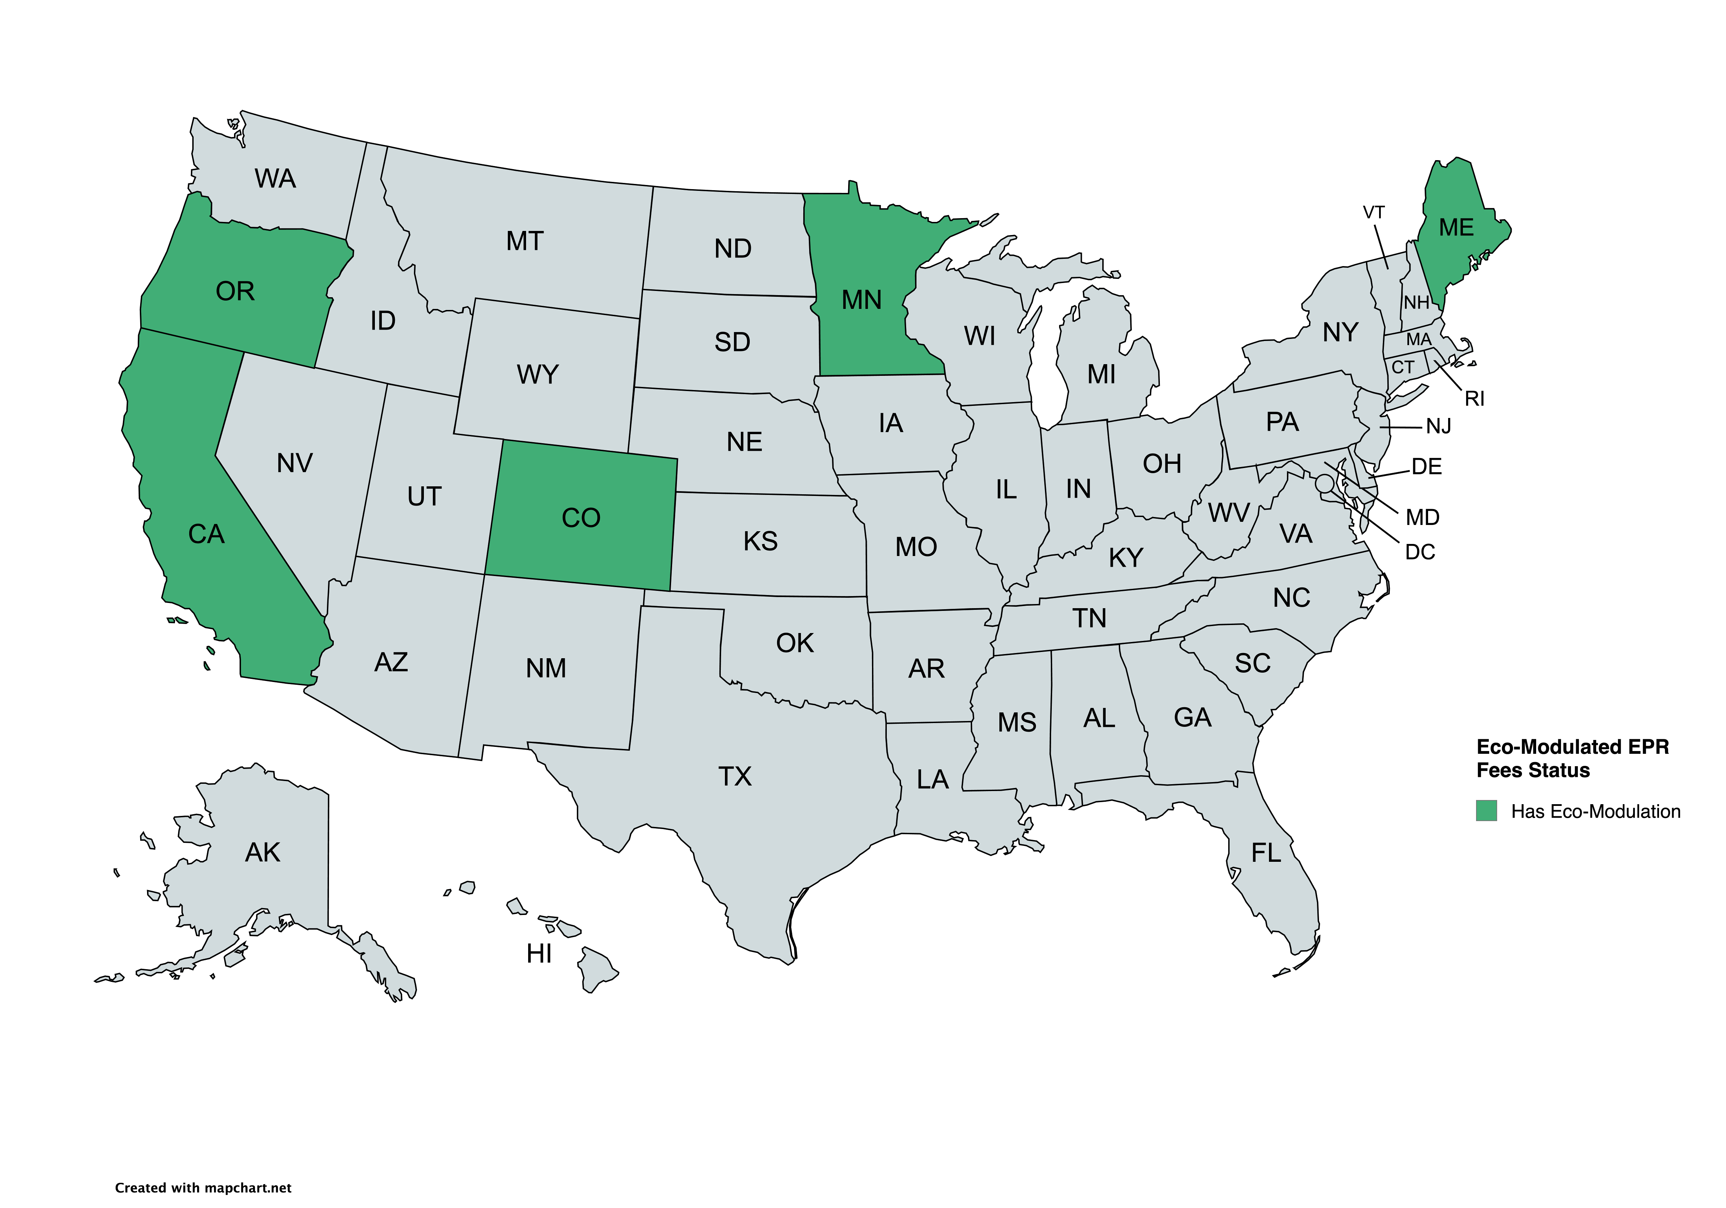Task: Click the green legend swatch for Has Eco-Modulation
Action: (x=1486, y=811)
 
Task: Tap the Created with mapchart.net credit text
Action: (x=203, y=1188)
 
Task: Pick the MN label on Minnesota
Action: (x=862, y=300)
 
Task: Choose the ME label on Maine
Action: (x=1456, y=228)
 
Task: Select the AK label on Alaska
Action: (x=262, y=853)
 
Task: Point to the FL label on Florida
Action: (x=1266, y=853)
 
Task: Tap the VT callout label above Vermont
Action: (x=1374, y=213)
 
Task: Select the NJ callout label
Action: (x=1438, y=427)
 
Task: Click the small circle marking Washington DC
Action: (x=1325, y=483)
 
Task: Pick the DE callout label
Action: (x=1426, y=467)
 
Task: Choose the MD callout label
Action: (x=1422, y=517)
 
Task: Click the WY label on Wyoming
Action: (x=537, y=374)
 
